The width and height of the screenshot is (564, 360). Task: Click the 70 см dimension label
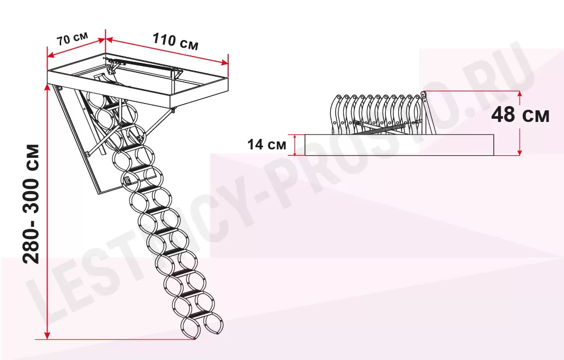72,39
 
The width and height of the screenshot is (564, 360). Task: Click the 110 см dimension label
175,41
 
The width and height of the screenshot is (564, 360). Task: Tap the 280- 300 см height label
31,204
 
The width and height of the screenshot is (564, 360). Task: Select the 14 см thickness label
267,145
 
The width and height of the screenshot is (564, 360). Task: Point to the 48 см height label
520,115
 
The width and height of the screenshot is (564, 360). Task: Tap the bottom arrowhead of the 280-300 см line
48,336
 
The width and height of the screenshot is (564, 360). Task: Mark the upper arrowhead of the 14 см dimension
295,137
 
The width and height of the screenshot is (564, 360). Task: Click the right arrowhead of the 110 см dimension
225,63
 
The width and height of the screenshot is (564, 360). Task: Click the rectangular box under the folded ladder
399,145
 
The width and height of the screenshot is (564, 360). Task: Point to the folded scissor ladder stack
383,113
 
